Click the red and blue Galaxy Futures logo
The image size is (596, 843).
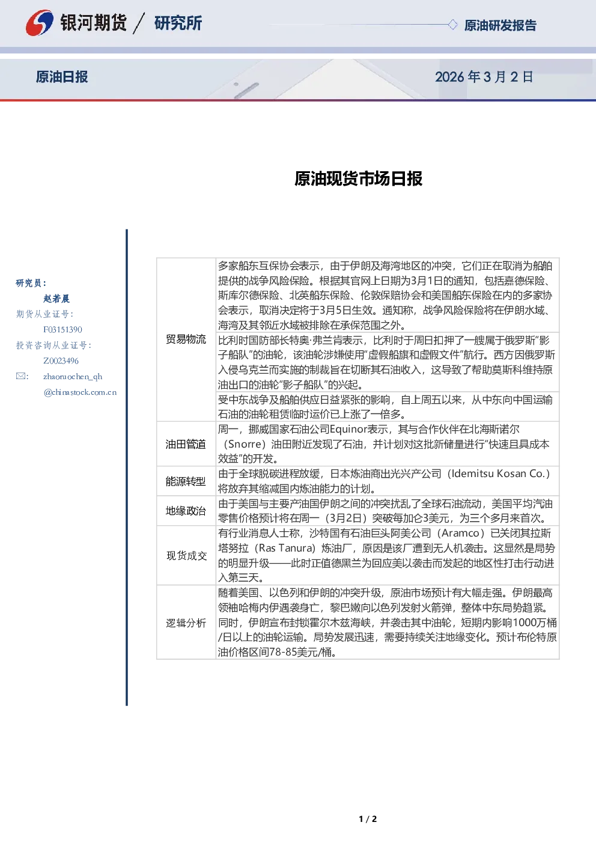(x=40, y=23)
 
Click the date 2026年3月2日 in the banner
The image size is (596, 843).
(x=484, y=77)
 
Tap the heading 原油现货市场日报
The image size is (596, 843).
(x=358, y=178)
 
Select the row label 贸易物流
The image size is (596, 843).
(x=186, y=339)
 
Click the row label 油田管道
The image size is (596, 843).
(x=186, y=444)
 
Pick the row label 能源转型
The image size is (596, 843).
(x=186, y=481)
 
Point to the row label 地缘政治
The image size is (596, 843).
(x=186, y=511)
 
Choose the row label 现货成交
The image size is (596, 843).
(x=187, y=555)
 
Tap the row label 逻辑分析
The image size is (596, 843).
(x=186, y=623)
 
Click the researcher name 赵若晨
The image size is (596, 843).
(x=56, y=299)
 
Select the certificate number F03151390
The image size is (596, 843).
(x=62, y=330)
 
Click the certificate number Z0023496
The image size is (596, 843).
(x=61, y=361)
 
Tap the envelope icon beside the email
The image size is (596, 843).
(x=20, y=376)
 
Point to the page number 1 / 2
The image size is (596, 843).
(x=368, y=819)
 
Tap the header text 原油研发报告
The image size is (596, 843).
(x=500, y=25)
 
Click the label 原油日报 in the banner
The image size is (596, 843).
(x=62, y=77)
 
